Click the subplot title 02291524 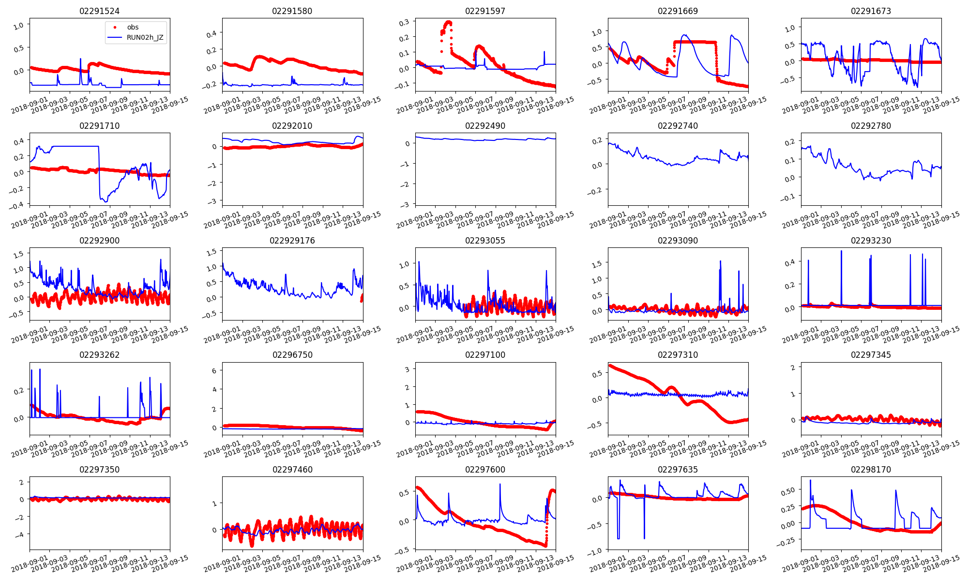pos(99,11)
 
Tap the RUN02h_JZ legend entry pos(145,37)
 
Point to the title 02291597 pos(485,11)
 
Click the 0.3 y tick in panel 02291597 pos(404,22)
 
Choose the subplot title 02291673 pos(871,11)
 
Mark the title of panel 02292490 pos(485,126)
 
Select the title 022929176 pos(292,241)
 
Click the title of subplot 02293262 pos(99,355)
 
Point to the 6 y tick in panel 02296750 pos(213,371)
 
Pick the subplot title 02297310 pos(678,355)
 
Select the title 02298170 pos(871,470)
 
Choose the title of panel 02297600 pos(485,470)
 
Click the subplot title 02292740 pos(678,126)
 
